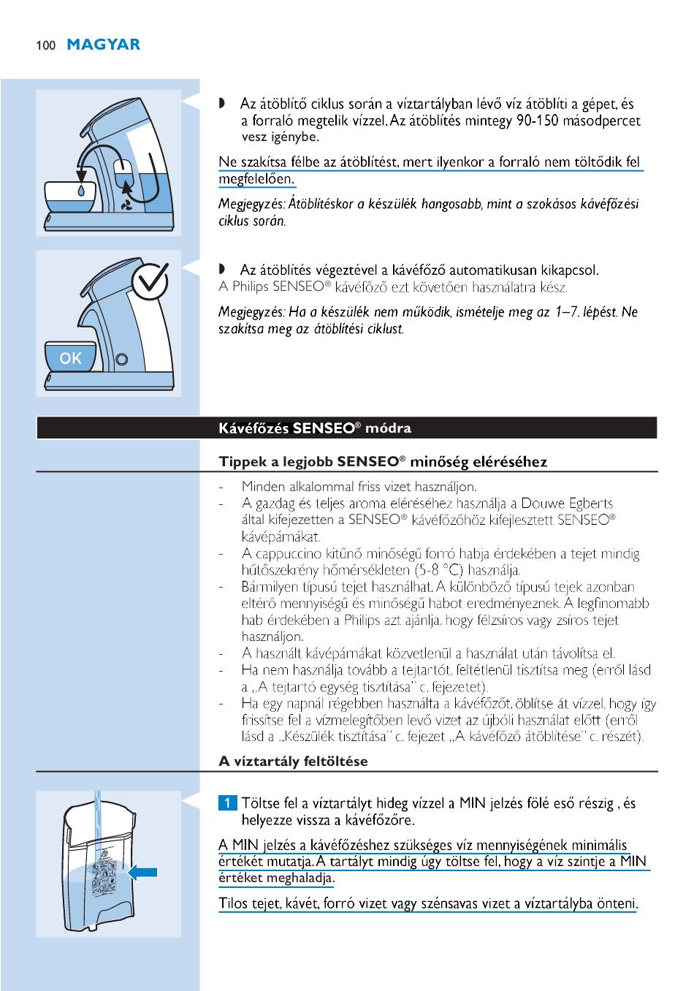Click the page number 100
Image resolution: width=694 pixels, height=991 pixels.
pos(45,45)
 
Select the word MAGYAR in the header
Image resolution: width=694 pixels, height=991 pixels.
pos(103,45)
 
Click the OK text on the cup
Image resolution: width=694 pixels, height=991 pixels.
pos(71,358)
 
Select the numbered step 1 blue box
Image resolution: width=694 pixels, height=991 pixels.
pos(228,803)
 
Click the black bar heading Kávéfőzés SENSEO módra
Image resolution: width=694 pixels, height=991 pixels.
pos(315,428)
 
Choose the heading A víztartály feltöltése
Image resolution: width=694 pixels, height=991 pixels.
pos(293,761)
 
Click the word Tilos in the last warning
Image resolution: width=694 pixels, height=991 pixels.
pos(233,904)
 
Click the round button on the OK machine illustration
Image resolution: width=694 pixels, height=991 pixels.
pos(122,359)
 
